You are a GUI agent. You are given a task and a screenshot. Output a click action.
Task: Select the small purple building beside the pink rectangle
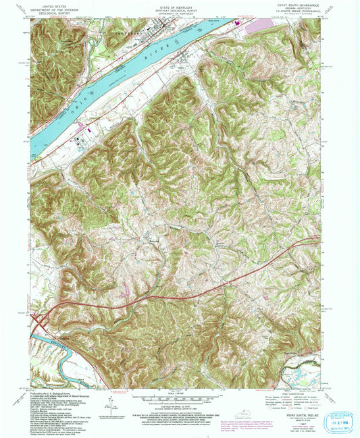tap(238, 24)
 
